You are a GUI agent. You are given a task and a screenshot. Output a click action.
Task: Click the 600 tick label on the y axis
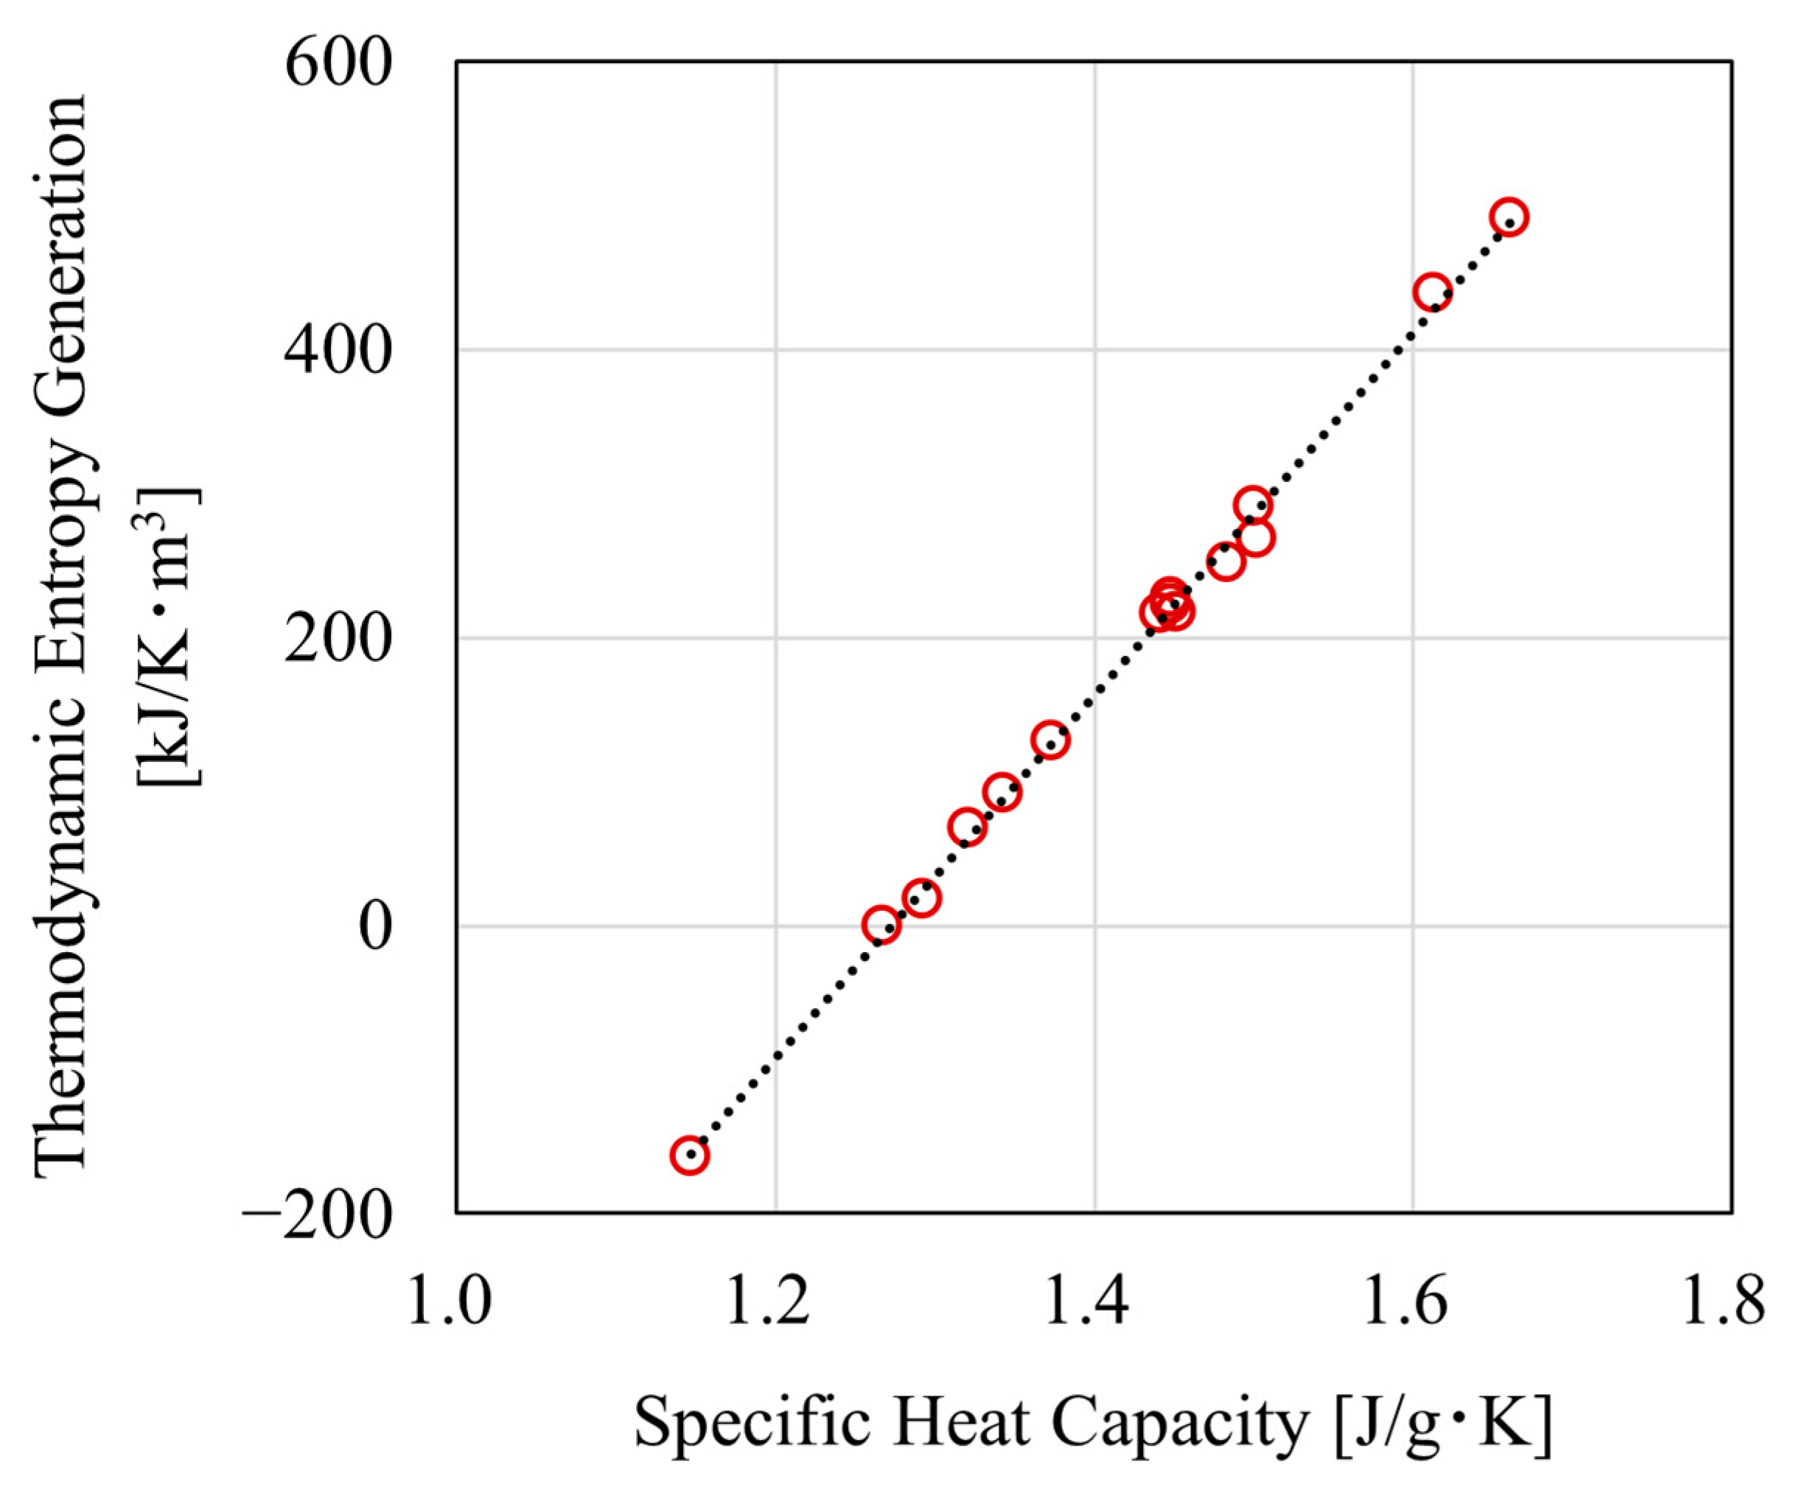pos(338,64)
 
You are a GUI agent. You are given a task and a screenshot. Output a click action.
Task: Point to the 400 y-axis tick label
pos(338,352)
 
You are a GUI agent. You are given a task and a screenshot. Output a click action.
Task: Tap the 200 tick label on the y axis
pos(338,639)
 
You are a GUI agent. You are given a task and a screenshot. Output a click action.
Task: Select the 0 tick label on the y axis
pos(374,928)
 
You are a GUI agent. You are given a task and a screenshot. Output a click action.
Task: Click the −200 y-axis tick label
pos(317,1215)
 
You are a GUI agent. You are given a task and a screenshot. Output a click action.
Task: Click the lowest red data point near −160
pos(690,1155)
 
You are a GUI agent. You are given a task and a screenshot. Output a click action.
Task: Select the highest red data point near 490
pos(1509,217)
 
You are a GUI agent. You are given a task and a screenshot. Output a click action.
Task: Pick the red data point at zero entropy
pos(881,925)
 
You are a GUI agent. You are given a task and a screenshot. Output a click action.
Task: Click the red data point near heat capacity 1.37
pos(1050,740)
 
